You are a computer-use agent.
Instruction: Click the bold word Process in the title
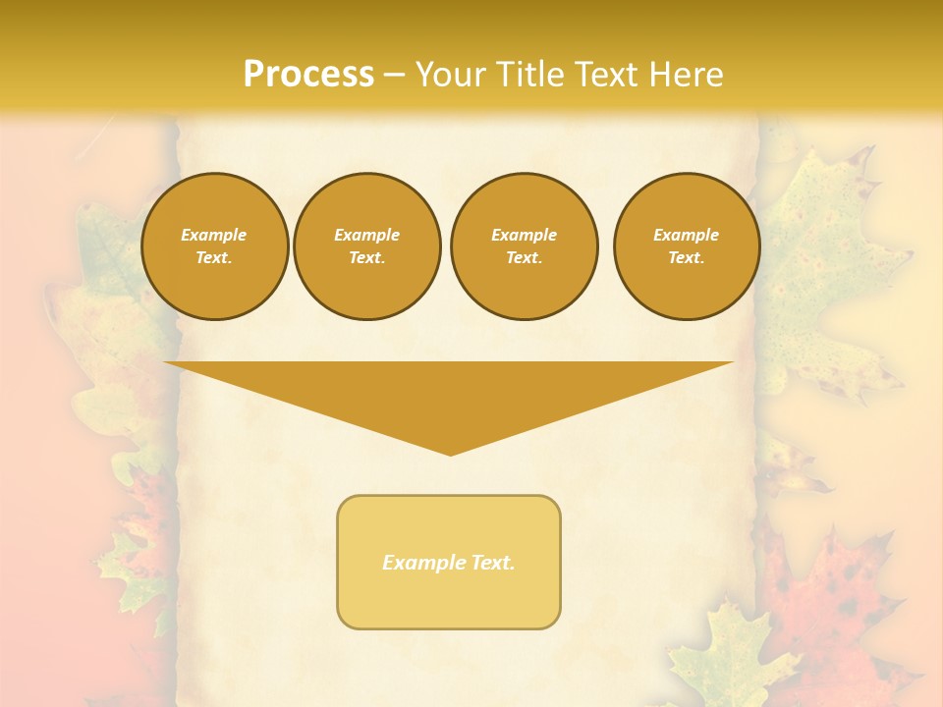308,75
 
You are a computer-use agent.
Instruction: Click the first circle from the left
214,246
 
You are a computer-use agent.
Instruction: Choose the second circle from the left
366,246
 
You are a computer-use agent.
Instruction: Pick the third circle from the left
524,246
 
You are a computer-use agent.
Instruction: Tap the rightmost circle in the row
686,246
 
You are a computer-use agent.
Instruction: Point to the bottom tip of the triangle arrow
450,454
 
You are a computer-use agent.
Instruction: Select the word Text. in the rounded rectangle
491,563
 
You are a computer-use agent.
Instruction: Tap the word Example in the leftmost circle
214,235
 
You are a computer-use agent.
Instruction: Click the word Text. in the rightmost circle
686,258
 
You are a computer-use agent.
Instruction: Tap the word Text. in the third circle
524,258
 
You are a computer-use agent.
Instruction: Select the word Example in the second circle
366,235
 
